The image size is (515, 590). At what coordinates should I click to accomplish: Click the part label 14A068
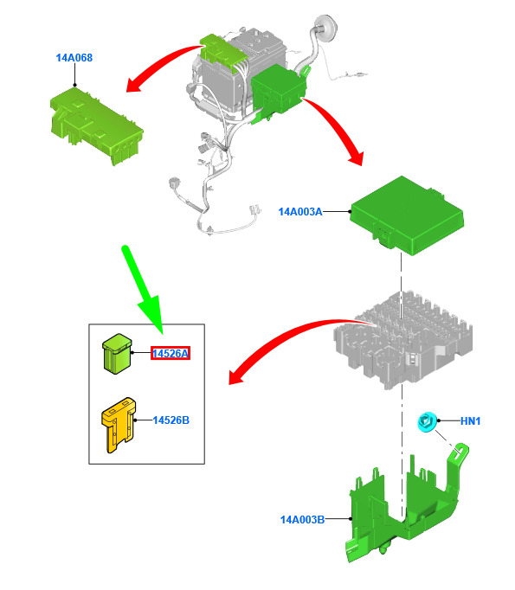pyautogui.click(x=74, y=58)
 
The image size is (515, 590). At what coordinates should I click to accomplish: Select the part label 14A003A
pyautogui.click(x=300, y=212)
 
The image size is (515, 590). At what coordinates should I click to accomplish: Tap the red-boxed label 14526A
pyautogui.click(x=171, y=353)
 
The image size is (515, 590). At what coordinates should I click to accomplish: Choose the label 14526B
pyautogui.click(x=171, y=420)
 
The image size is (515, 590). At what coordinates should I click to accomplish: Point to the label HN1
pyautogui.click(x=471, y=421)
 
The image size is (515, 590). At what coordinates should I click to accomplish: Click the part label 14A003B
pyautogui.click(x=302, y=520)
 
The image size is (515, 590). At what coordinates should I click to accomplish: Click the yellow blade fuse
pyautogui.click(x=119, y=425)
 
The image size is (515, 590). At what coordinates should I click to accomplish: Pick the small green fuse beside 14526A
pyautogui.click(x=117, y=353)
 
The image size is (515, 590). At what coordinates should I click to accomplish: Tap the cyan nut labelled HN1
pyautogui.click(x=428, y=422)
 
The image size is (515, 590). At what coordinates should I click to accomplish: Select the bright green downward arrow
pyautogui.click(x=145, y=290)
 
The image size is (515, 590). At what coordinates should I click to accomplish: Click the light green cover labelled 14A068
pyautogui.click(x=97, y=125)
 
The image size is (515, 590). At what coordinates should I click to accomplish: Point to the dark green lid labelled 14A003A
pyautogui.click(x=407, y=215)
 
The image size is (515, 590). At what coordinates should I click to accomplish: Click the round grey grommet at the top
pyautogui.click(x=326, y=26)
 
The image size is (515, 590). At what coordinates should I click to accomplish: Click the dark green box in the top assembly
pyautogui.click(x=279, y=90)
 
